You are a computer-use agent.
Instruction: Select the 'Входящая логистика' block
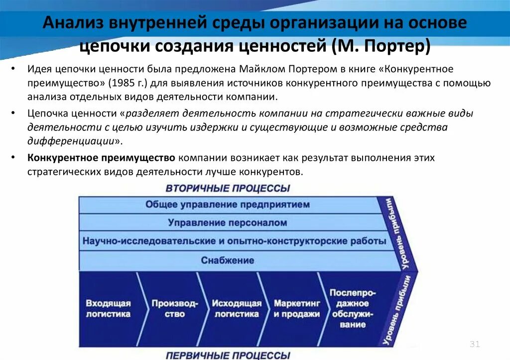point(108,308)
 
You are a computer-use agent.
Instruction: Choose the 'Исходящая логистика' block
point(237,308)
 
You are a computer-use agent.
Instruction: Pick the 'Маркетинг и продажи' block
point(296,308)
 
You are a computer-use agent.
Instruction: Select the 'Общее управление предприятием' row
point(228,205)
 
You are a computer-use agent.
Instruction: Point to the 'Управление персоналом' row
point(228,223)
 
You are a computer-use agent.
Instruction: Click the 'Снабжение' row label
point(228,260)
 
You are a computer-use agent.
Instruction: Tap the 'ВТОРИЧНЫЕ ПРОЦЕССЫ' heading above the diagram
point(228,189)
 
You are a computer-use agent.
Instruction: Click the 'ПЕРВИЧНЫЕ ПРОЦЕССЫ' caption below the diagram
point(228,355)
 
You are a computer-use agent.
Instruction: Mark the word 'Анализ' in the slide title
point(74,23)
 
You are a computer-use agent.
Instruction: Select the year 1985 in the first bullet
point(131,83)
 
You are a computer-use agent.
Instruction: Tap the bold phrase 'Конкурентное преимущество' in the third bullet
point(101,158)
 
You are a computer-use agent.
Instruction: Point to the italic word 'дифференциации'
point(71,141)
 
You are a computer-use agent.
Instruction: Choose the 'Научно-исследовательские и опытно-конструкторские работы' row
point(234,241)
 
